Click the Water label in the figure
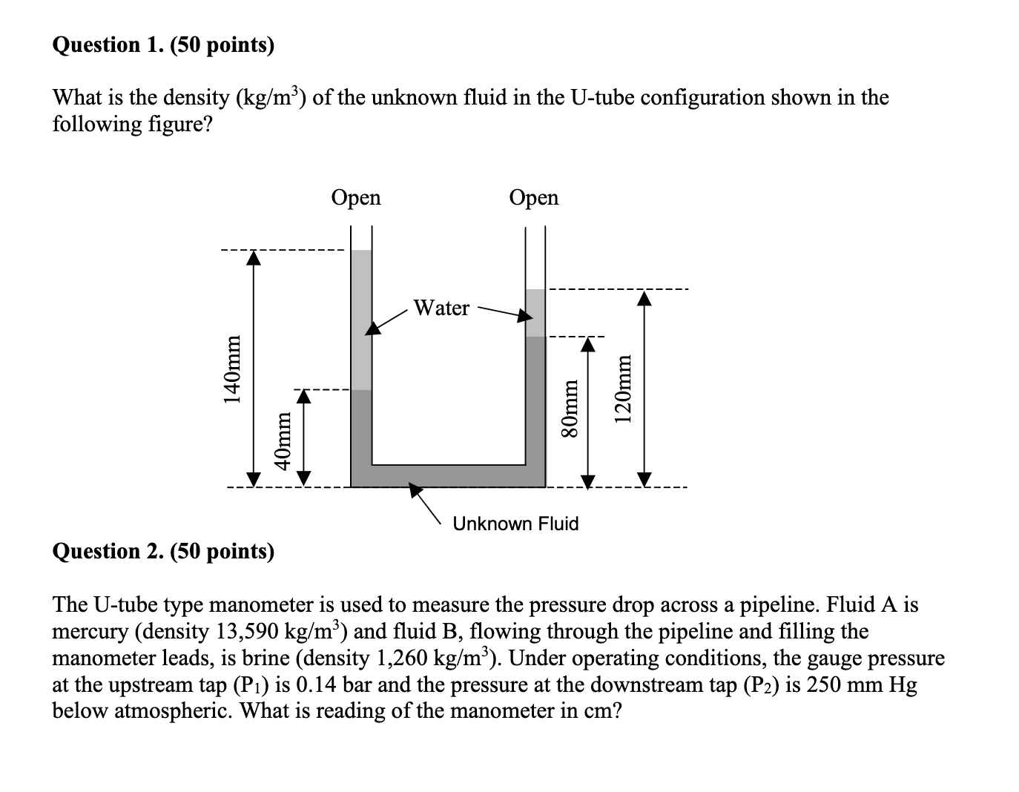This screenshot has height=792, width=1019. coord(441,308)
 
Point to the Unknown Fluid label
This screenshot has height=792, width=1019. coord(515,524)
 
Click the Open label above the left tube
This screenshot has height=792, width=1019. coord(356,197)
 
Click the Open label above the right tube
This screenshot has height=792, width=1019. coord(534,197)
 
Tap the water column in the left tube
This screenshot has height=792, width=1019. coord(361,319)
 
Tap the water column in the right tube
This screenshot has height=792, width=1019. coord(535,312)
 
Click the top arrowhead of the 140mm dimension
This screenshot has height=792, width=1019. coord(254,257)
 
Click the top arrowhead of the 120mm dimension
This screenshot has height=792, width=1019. coord(644,298)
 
